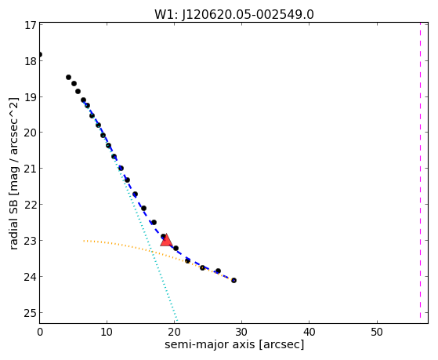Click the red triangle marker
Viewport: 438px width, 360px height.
(x=166, y=240)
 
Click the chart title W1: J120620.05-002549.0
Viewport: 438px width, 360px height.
(x=234, y=15)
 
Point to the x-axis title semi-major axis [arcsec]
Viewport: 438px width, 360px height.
(x=234, y=344)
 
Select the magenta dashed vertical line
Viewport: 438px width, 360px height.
(x=420, y=173)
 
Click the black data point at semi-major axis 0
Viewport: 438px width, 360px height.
(x=40, y=54)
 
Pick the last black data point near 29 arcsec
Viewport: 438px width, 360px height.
(x=233, y=280)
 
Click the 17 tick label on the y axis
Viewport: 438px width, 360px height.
(x=31, y=25)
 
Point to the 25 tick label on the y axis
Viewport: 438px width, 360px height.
(x=31, y=313)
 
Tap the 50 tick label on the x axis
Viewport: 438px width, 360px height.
(x=377, y=332)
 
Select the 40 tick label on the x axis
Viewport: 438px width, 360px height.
(x=309, y=332)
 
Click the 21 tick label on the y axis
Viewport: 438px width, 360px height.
(x=31, y=169)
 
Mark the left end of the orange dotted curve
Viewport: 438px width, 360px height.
(x=84, y=241)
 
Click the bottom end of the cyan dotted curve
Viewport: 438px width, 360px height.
(x=176, y=321)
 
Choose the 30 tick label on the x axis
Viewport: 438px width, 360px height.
(x=241, y=332)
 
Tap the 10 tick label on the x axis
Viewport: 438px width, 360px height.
(x=107, y=332)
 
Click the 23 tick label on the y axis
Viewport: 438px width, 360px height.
(x=31, y=241)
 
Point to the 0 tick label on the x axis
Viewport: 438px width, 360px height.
(x=40, y=332)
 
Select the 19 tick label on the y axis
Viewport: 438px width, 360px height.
(x=31, y=96)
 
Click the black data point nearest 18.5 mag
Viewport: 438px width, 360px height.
(x=68, y=77)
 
